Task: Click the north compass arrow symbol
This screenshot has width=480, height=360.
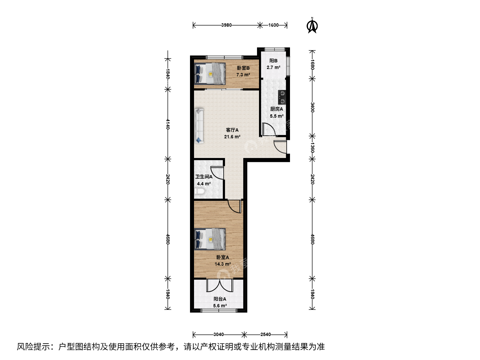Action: coord(312,26)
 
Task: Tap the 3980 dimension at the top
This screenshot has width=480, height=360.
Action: coord(226,25)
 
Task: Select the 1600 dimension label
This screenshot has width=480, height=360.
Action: coord(273,25)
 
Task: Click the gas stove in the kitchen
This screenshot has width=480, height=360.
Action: coord(282,97)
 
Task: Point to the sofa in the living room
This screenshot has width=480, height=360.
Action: coord(199,126)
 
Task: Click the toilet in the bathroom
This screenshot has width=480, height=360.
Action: coord(200,191)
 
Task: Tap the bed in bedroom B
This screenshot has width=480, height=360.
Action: coord(210,74)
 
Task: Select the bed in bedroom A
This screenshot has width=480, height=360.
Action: coord(210,239)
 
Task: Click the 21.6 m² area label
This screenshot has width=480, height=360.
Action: coord(232,137)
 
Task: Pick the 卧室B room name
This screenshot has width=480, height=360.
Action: coord(243,68)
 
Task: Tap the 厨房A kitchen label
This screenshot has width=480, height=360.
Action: coord(277,109)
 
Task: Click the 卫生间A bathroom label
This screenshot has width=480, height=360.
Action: coord(204,177)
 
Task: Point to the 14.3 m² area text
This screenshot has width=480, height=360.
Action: coord(223,264)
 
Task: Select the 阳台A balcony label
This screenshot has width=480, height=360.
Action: coord(220,299)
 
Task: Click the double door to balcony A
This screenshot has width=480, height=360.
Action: coord(219,285)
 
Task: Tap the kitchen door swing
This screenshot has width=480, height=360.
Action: coord(269,129)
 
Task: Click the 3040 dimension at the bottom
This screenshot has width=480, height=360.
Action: coord(219,334)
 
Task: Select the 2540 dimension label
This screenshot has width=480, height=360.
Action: coord(265,334)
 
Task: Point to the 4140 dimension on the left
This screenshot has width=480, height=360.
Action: coord(168,124)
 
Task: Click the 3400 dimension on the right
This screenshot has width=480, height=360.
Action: coord(312,107)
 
